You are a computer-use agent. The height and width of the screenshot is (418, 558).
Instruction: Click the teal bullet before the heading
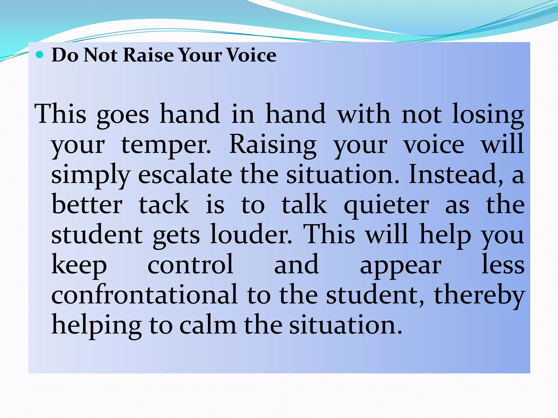[x=40, y=55]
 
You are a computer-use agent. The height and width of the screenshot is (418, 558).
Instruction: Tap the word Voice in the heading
[x=251, y=55]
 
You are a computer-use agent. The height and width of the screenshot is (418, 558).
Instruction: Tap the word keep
[x=79, y=266]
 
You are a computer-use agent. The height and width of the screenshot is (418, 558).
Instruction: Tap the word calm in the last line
[x=208, y=325]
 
